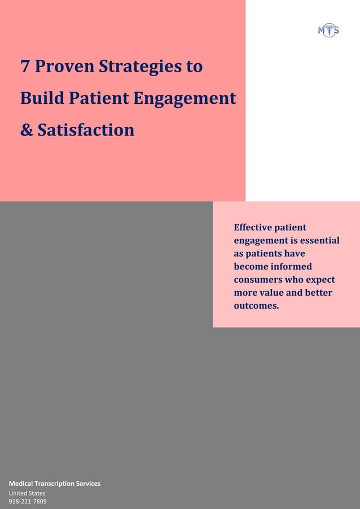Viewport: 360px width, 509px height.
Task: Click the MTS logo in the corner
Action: point(328,30)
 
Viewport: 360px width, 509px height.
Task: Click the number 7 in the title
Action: point(25,67)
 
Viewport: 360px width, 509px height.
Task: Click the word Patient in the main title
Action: point(99,99)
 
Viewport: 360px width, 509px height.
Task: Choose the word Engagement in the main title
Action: point(185,99)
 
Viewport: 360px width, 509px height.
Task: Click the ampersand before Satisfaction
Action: point(26,130)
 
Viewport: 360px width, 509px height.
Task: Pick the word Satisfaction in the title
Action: point(86,130)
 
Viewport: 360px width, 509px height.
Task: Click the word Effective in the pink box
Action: point(252,227)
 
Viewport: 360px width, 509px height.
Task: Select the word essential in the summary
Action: point(319,240)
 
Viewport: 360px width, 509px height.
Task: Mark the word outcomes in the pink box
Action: point(256,306)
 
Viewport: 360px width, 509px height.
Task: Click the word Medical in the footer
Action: point(21,484)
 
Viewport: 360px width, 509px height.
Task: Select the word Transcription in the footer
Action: point(55,484)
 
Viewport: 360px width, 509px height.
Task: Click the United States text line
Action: point(27,493)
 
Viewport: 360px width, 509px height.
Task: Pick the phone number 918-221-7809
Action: point(28,501)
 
